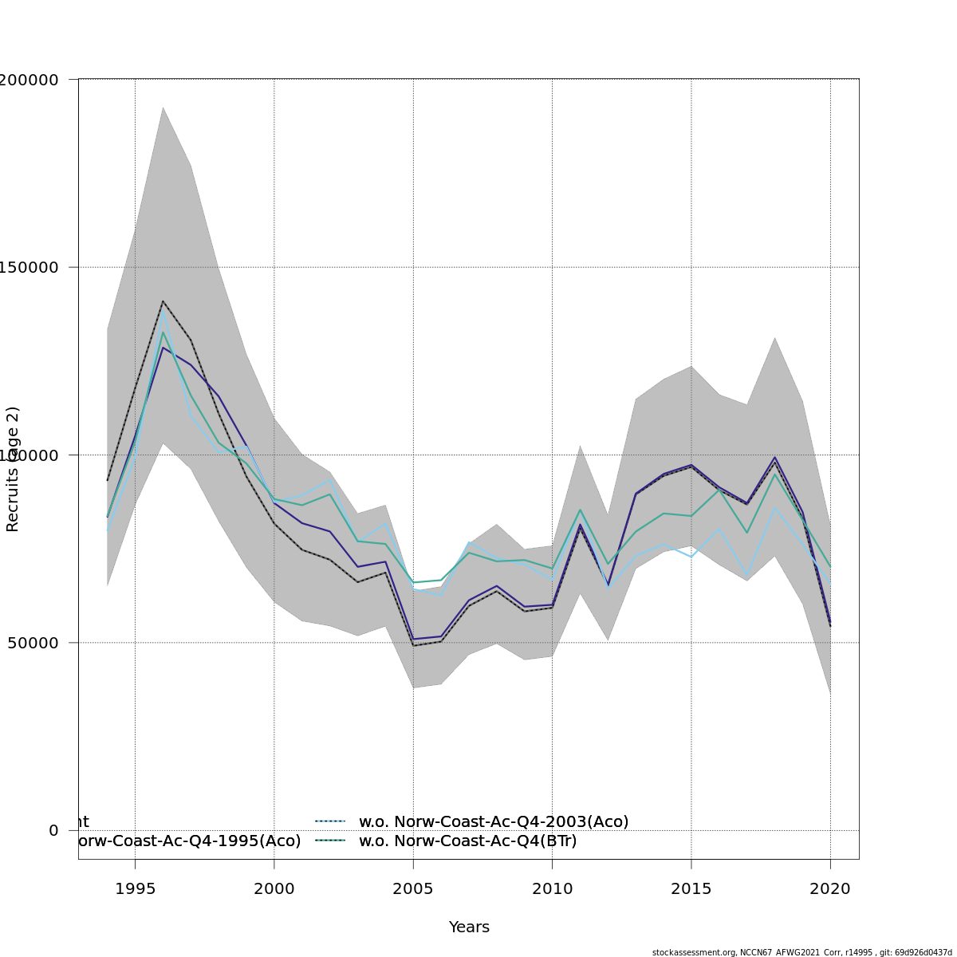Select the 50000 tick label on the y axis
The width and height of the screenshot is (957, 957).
32,643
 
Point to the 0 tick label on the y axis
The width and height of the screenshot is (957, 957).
53,830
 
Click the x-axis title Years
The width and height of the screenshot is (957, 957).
469,927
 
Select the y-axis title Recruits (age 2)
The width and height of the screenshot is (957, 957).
13,469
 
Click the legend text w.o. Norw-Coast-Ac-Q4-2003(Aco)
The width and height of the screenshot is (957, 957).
494,821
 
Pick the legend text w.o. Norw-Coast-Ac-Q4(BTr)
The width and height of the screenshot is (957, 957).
467,841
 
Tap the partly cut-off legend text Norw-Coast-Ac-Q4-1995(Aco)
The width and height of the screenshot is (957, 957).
188,841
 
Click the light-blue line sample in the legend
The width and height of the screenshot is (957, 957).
329,821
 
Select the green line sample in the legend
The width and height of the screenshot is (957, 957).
329,841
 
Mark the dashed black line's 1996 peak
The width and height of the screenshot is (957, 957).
163,301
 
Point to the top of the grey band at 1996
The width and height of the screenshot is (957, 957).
163,107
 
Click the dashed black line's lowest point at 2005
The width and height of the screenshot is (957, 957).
413,645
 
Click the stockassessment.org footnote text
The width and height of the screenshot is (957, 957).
801,952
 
